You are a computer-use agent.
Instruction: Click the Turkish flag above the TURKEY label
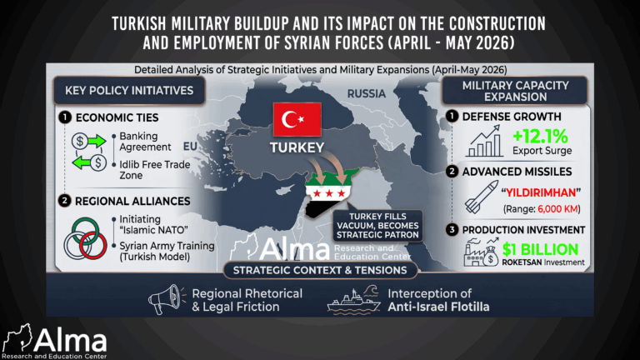(x=297, y=119)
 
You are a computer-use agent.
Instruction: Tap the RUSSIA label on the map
(x=366, y=94)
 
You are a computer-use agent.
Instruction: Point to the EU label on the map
(x=190, y=147)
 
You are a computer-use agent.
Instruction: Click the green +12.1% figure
(x=540, y=137)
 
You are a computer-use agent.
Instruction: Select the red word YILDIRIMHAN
(x=541, y=192)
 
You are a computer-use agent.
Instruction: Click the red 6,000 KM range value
(x=557, y=209)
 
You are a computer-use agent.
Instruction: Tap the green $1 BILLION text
(x=540, y=249)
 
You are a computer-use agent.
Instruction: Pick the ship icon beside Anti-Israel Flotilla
(x=354, y=300)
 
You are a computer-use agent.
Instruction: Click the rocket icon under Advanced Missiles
(x=482, y=197)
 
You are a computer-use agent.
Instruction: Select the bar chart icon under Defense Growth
(x=484, y=141)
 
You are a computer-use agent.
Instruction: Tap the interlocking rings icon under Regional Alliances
(x=85, y=239)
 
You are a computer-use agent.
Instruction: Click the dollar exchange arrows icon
(x=89, y=152)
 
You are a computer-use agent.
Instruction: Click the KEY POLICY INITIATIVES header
(x=129, y=90)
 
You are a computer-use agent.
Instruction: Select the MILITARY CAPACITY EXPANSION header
(x=515, y=91)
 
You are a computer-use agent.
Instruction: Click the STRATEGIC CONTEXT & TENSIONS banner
(x=320, y=270)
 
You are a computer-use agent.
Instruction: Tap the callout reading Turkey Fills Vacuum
(x=377, y=226)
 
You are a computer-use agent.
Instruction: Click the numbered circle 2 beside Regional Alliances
(x=64, y=201)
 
